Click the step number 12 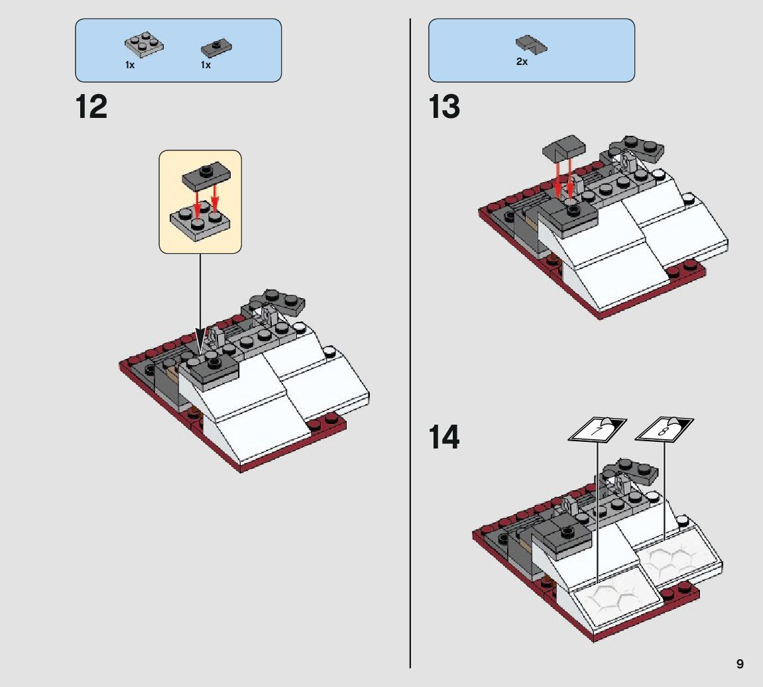[x=91, y=107]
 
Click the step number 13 [x=444, y=107]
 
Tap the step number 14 [x=444, y=438]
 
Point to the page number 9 [x=740, y=664]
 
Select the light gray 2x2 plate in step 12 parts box [x=144, y=45]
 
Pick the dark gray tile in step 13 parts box [x=532, y=45]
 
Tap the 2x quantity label [x=522, y=62]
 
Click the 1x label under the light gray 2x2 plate [x=130, y=65]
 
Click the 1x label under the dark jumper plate [x=206, y=65]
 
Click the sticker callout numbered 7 [x=597, y=429]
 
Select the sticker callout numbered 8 [x=664, y=429]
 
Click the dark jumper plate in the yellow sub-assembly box [x=206, y=175]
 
